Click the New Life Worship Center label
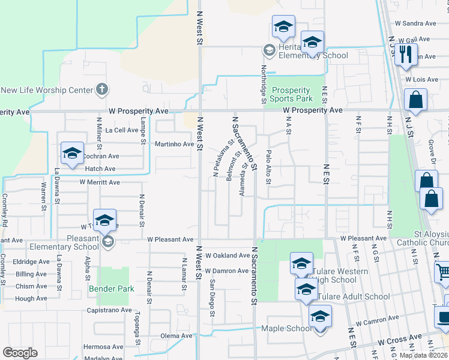pos(47,91)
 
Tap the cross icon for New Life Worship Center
pos(102,90)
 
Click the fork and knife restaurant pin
pos(406,55)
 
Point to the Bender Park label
pos(112,289)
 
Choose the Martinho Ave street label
pos(175,144)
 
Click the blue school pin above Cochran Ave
pos(71,153)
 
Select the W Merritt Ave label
pos(99,182)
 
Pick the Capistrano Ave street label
pos(109,310)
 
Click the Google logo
pos(20,353)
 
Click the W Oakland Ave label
pos(227,255)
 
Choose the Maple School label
pos(286,328)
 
